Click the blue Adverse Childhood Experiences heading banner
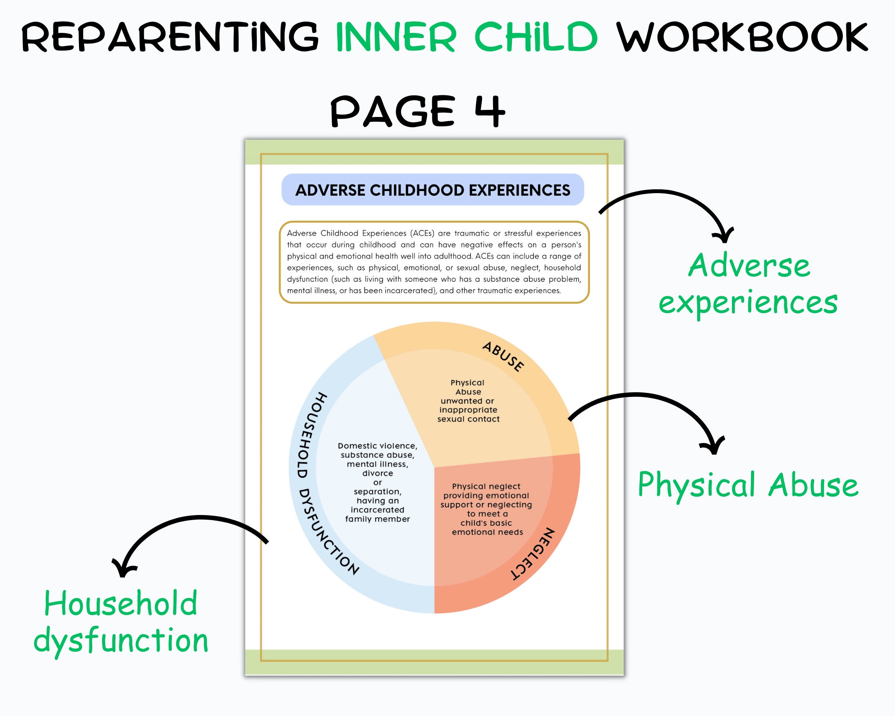tap(433, 190)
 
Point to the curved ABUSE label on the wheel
tap(503, 356)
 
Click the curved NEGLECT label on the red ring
tap(533, 554)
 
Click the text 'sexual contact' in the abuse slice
tap(468, 419)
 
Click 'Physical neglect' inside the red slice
tap(486, 486)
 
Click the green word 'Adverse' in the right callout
tap(749, 266)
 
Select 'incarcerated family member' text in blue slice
tap(377, 514)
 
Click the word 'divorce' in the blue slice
tap(377, 473)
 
